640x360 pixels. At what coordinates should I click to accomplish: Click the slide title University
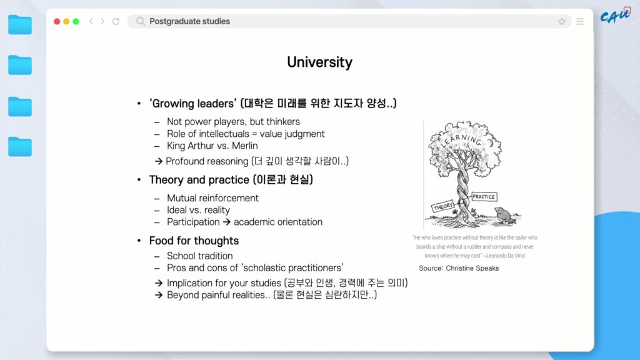319,62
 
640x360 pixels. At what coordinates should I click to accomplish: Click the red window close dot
57,21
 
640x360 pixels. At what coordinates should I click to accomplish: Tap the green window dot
76,21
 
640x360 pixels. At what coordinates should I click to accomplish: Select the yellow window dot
66,21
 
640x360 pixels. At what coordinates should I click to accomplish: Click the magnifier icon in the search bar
141,21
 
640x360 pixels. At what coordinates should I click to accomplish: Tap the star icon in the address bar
562,22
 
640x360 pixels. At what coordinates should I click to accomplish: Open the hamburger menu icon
580,21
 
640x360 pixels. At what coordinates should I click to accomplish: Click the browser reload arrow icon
116,21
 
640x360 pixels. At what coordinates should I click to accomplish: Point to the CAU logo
616,16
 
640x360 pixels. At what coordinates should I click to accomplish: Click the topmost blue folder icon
20,24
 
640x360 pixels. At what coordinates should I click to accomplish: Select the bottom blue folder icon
20,146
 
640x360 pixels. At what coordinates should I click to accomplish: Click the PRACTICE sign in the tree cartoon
484,197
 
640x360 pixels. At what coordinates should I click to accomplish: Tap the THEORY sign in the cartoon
443,206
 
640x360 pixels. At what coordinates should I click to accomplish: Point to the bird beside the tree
505,215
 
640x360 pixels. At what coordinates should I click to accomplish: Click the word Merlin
245,146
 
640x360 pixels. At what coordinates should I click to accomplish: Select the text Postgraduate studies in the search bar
190,21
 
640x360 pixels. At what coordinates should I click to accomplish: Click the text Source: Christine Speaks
459,268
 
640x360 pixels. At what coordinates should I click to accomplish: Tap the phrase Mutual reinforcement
212,198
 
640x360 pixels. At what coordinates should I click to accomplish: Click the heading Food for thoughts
194,241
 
